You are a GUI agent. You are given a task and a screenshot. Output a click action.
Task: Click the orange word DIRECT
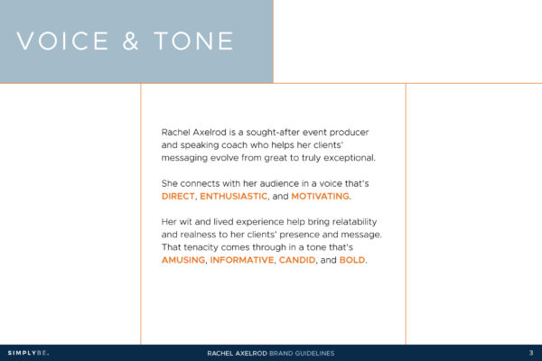point(178,196)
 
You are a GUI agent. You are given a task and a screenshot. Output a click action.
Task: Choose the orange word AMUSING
point(183,260)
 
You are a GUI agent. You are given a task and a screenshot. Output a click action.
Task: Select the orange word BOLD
point(351,260)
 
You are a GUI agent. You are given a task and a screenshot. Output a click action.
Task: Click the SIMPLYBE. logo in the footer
point(28,352)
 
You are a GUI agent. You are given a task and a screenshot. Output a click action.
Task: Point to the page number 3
point(530,352)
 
